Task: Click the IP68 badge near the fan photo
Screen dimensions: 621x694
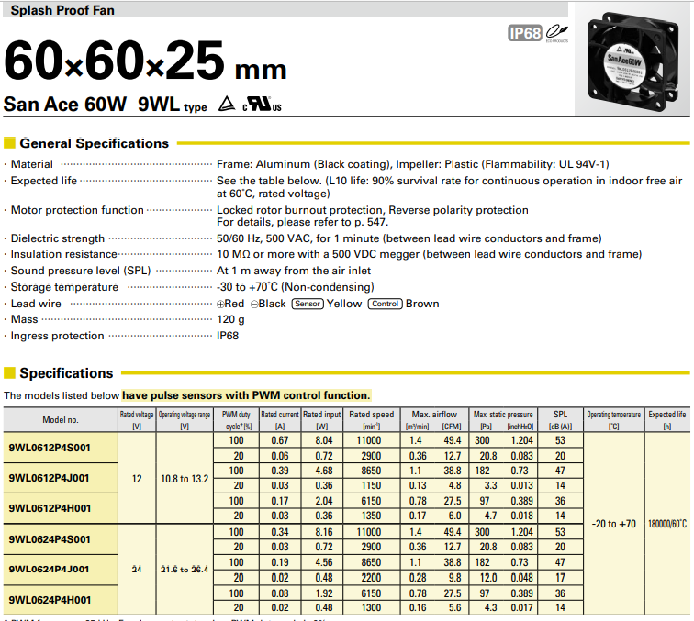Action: coord(525,34)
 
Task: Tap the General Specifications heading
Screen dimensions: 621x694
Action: coord(94,143)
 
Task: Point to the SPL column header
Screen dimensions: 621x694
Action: coord(560,420)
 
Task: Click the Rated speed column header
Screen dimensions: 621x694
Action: coord(371,420)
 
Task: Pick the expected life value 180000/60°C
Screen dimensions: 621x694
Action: coord(667,524)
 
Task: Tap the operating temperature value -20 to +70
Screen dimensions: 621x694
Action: coord(614,524)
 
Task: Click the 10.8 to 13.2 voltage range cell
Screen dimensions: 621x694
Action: coord(184,478)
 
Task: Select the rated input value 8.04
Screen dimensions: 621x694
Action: coord(323,440)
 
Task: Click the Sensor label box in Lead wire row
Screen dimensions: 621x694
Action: coord(308,304)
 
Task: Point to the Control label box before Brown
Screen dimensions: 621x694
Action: coord(386,304)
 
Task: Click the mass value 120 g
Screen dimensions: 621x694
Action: coord(230,319)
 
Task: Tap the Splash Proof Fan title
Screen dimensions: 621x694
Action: coord(57,12)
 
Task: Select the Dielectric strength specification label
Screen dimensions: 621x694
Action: coord(57,238)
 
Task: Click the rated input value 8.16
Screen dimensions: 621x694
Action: coord(323,531)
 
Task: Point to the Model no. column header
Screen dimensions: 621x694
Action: coord(61,420)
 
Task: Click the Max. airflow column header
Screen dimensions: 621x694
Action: coord(434,415)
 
